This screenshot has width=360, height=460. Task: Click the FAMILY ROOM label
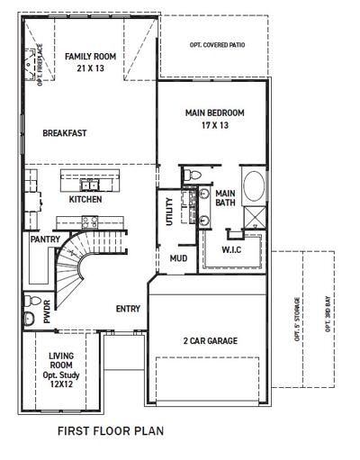90,57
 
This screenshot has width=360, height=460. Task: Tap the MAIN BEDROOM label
215,113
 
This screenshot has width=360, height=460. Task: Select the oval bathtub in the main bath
254,186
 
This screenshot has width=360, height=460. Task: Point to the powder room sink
29,318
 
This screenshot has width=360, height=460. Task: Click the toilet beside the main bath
192,175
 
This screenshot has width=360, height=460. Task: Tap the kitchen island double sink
89,185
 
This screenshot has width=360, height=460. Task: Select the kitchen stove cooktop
90,221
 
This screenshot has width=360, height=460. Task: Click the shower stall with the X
255,217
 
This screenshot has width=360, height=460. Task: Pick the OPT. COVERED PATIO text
217,45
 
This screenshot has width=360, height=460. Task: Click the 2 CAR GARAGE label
211,341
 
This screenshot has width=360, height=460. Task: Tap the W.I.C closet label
231,249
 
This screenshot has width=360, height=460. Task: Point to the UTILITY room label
169,212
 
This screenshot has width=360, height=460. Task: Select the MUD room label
178,258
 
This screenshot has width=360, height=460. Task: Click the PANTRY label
45,239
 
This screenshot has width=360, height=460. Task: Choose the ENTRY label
128,309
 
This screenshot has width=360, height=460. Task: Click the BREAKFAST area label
65,133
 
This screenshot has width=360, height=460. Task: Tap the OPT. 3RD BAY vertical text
328,314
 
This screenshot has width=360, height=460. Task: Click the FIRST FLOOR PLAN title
111,431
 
